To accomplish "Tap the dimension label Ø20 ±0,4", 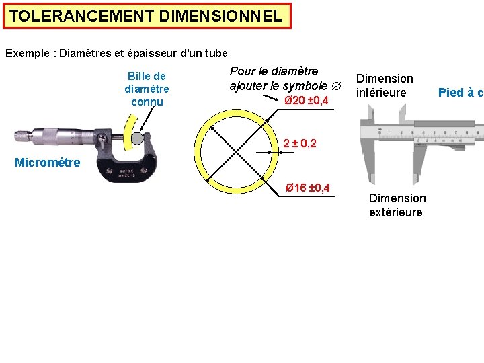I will click(306, 101).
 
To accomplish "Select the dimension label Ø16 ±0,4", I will click(307, 187).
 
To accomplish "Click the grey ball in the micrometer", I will click(137, 138).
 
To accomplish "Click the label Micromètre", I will click(47, 162).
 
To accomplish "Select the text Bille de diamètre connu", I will click(147, 89).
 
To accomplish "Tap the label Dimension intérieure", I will click(384, 85).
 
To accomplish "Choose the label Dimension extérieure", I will click(397, 205).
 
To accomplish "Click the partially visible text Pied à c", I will click(460, 93).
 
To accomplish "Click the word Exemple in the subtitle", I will click(30, 53).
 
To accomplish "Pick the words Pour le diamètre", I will click(274, 71).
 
